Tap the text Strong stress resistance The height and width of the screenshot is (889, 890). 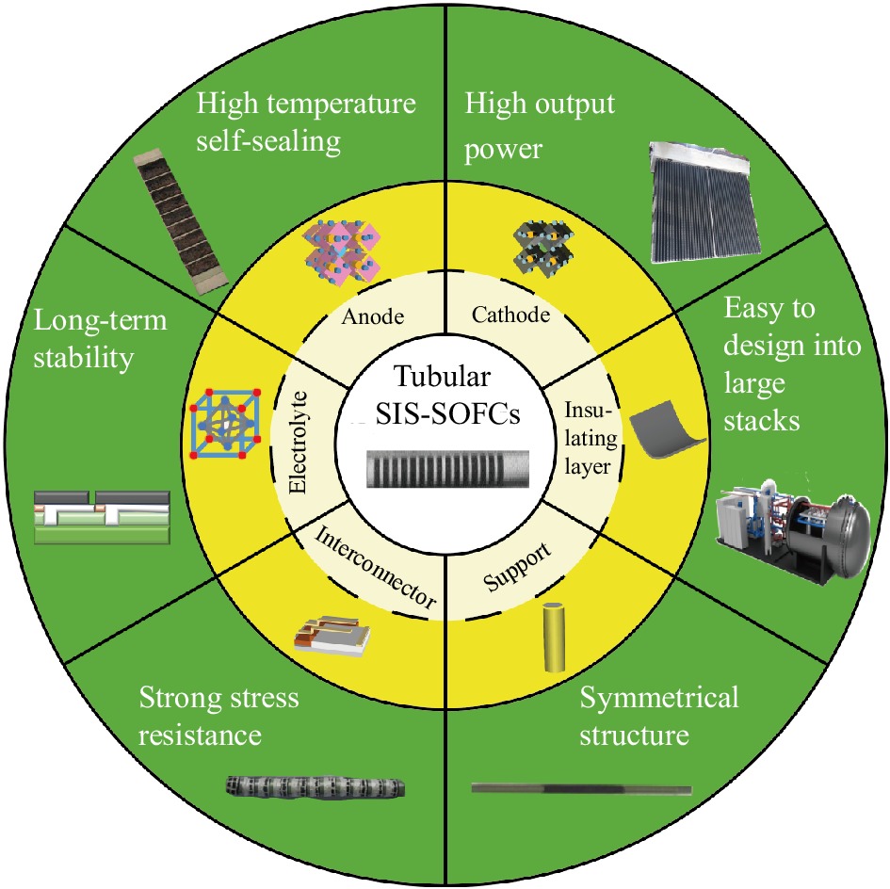pos(218,715)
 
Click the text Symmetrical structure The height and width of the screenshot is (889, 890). pos(658,715)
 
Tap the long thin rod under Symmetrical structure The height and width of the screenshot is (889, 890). pos(581,788)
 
